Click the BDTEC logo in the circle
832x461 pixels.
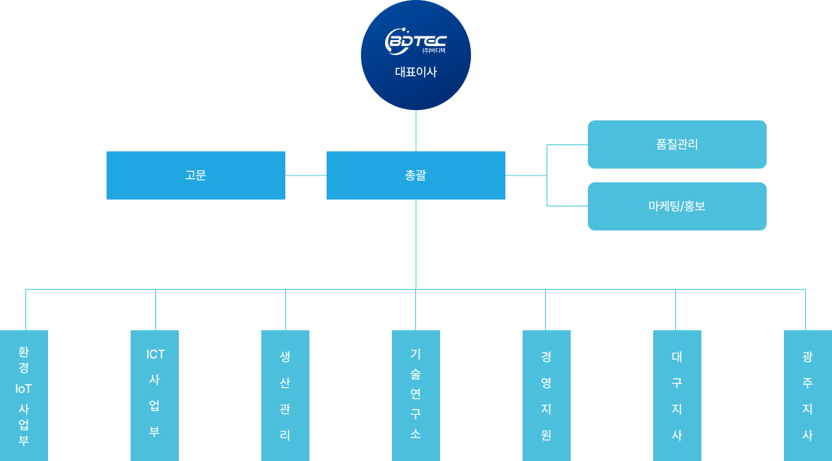click(415, 42)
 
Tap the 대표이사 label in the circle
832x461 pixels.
click(415, 72)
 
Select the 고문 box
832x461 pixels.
click(196, 175)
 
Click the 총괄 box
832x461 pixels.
click(416, 175)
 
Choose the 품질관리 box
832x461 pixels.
click(677, 144)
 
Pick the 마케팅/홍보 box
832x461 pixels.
click(677, 206)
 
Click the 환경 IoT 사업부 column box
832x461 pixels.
click(24, 396)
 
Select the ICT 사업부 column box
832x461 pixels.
click(155, 396)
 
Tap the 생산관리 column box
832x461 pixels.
click(285, 396)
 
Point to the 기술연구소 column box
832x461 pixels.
click(416, 396)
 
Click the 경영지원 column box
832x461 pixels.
click(547, 396)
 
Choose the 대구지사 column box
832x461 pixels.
click(677, 396)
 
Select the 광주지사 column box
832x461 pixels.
click(808, 396)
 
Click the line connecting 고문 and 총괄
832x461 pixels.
click(306, 175)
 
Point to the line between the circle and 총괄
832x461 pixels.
click(416, 131)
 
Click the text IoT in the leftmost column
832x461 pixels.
click(23, 389)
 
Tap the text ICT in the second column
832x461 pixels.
click(155, 354)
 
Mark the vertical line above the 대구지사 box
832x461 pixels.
click(675, 310)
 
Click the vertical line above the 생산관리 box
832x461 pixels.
click(285, 310)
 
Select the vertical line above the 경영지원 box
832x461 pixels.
click(545, 310)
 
